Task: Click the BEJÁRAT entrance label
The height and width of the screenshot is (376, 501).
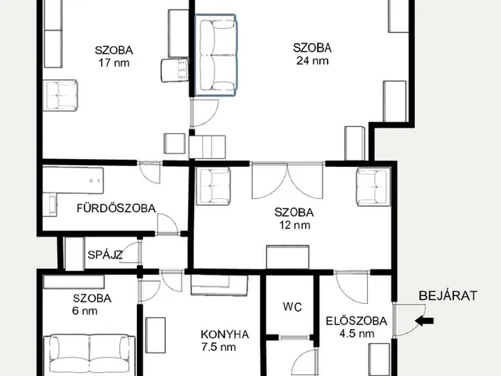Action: point(448,295)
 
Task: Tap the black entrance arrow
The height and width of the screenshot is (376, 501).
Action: point(424,320)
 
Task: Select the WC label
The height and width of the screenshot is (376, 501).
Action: point(292,307)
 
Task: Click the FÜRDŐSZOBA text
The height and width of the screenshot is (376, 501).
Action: point(117,208)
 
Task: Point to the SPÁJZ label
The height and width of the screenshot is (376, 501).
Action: point(105,255)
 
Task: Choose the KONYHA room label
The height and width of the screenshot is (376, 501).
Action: point(225,334)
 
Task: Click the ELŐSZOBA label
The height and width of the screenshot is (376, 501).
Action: point(356,320)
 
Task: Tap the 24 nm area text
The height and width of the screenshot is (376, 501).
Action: point(312,61)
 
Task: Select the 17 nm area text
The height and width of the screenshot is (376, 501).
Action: point(114,63)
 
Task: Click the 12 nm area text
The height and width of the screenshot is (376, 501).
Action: point(294,225)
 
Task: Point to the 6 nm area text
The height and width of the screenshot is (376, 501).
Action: point(85,311)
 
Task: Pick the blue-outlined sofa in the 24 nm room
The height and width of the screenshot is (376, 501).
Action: point(215,55)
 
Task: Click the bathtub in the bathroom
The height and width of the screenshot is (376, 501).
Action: point(73,180)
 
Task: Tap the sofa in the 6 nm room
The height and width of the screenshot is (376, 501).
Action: point(89,355)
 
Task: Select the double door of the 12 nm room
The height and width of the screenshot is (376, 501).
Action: point(287,181)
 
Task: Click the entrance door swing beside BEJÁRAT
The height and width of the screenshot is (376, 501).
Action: point(409,320)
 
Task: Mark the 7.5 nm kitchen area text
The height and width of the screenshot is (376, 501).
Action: point(218,347)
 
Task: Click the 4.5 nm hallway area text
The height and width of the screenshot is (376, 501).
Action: point(357,334)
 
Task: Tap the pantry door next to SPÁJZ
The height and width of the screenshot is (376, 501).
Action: point(131,252)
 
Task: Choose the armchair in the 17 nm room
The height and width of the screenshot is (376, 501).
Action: point(60,96)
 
